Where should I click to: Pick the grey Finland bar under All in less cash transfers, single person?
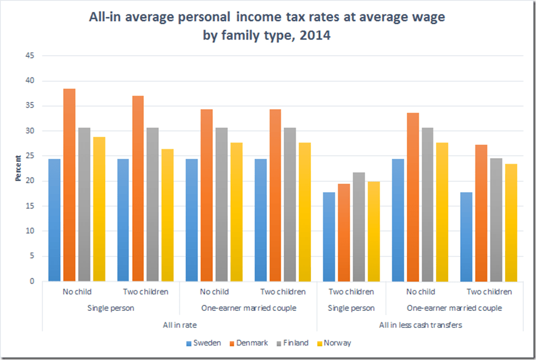[x=360, y=227]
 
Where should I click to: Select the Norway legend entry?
[x=337, y=343]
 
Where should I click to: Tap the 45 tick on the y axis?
[x=30, y=56]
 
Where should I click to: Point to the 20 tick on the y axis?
[x=30, y=181]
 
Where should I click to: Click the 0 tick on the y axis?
[x=32, y=281]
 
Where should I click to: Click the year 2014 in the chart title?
[x=313, y=35]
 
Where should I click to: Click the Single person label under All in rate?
[x=111, y=308]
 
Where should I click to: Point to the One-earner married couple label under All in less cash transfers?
[x=454, y=308]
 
